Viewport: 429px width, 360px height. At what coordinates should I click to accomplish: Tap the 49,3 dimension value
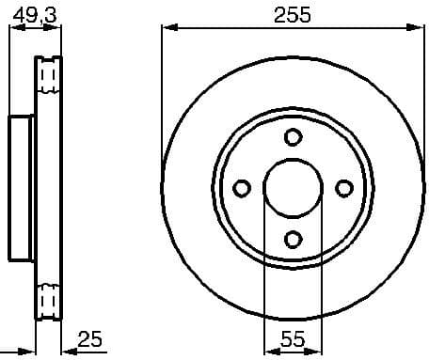[34, 12]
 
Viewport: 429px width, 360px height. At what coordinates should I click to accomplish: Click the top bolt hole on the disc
[293, 137]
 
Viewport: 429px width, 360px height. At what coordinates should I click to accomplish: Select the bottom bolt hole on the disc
[293, 239]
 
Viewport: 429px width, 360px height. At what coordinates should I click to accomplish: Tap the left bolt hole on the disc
[242, 188]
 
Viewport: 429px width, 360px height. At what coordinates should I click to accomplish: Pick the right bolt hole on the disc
[343, 188]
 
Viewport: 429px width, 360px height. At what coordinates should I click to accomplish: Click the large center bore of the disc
[293, 188]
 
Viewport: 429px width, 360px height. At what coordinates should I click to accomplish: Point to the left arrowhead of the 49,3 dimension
[12, 29]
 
